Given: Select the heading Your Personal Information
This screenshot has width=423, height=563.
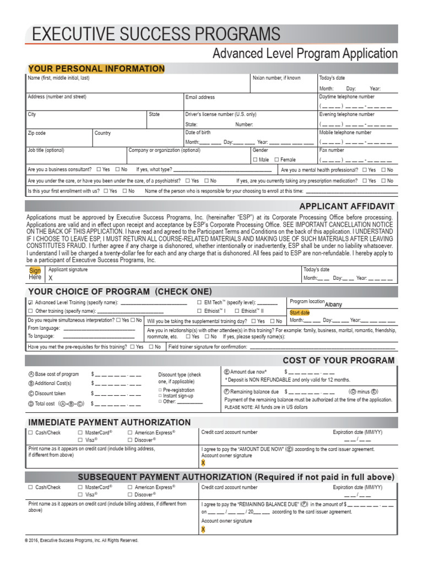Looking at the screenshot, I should [96, 69].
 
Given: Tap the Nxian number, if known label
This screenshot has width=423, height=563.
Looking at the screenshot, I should [276, 78].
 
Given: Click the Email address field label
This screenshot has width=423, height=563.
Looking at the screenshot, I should [199, 97].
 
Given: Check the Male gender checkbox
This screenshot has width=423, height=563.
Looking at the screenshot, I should [256, 160].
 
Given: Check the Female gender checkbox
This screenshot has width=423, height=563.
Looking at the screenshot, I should [276, 160].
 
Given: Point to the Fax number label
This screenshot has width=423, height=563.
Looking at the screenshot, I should [332, 150].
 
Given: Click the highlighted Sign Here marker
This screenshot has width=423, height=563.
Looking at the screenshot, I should [35, 274].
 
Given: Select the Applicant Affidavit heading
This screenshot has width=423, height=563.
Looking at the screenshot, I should [346, 206].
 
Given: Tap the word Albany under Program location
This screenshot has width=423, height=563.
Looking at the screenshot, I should [334, 304].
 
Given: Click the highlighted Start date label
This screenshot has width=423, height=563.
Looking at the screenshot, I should [300, 312].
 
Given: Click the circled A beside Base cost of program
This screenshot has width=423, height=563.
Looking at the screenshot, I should [31, 374].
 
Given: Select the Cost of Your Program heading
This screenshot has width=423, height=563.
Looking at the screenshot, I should [338, 361].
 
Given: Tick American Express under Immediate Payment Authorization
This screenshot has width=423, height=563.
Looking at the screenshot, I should [130, 433].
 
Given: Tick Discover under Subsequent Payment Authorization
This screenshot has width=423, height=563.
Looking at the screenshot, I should [130, 495].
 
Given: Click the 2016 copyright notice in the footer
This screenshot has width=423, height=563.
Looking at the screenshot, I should [82, 540].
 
